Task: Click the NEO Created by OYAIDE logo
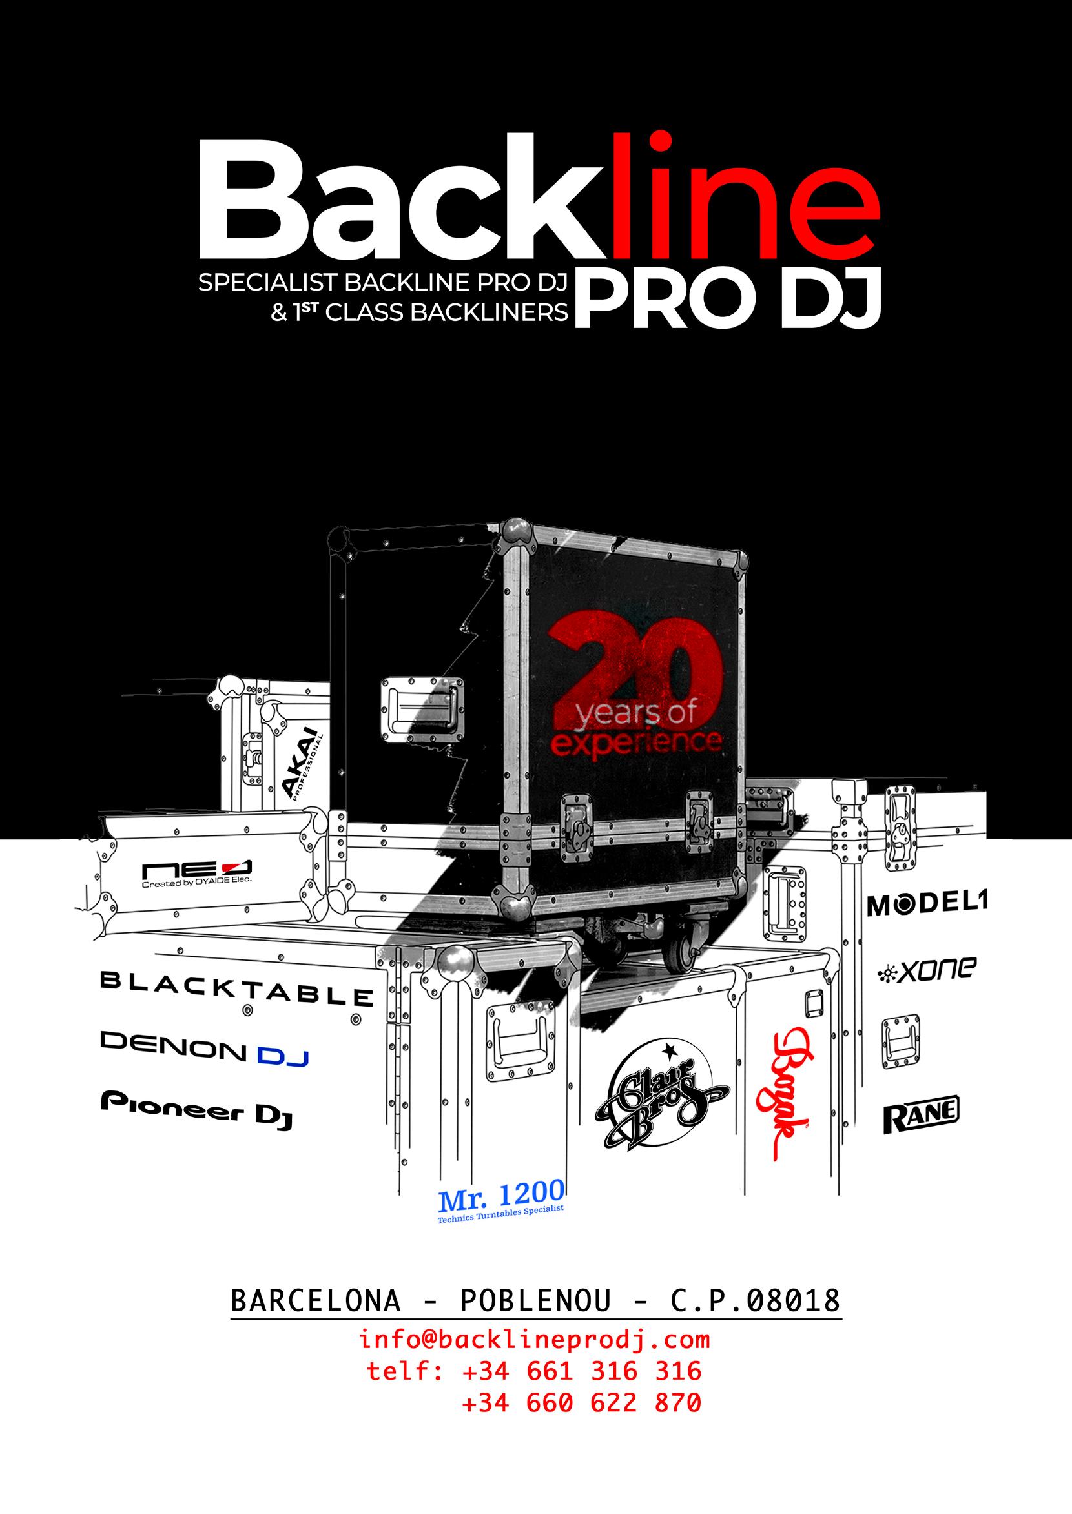(x=198, y=872)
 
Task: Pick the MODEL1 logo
(x=927, y=906)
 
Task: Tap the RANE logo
(x=921, y=1115)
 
